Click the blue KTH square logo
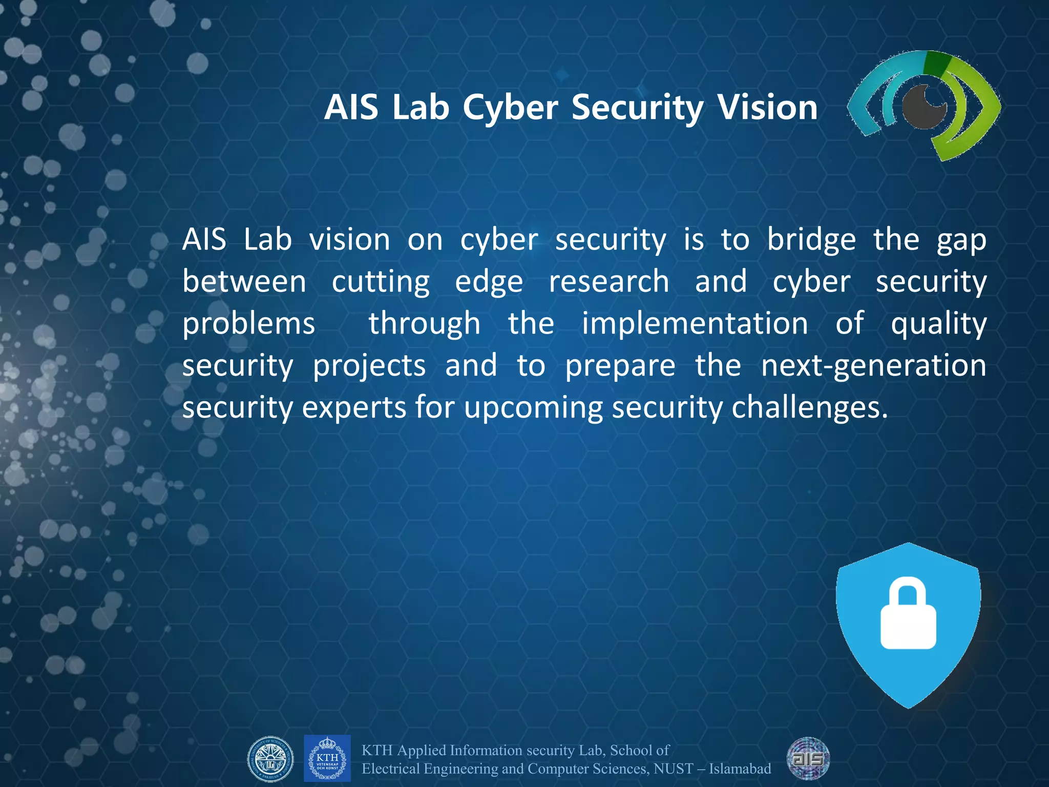[327, 758]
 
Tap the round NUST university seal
[270, 759]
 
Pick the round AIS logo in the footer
[808, 758]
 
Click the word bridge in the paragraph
[811, 240]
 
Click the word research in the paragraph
[609, 282]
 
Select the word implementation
[695, 324]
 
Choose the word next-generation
[873, 366]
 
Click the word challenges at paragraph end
[809, 408]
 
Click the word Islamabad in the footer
[740, 769]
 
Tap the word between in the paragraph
[244, 282]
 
